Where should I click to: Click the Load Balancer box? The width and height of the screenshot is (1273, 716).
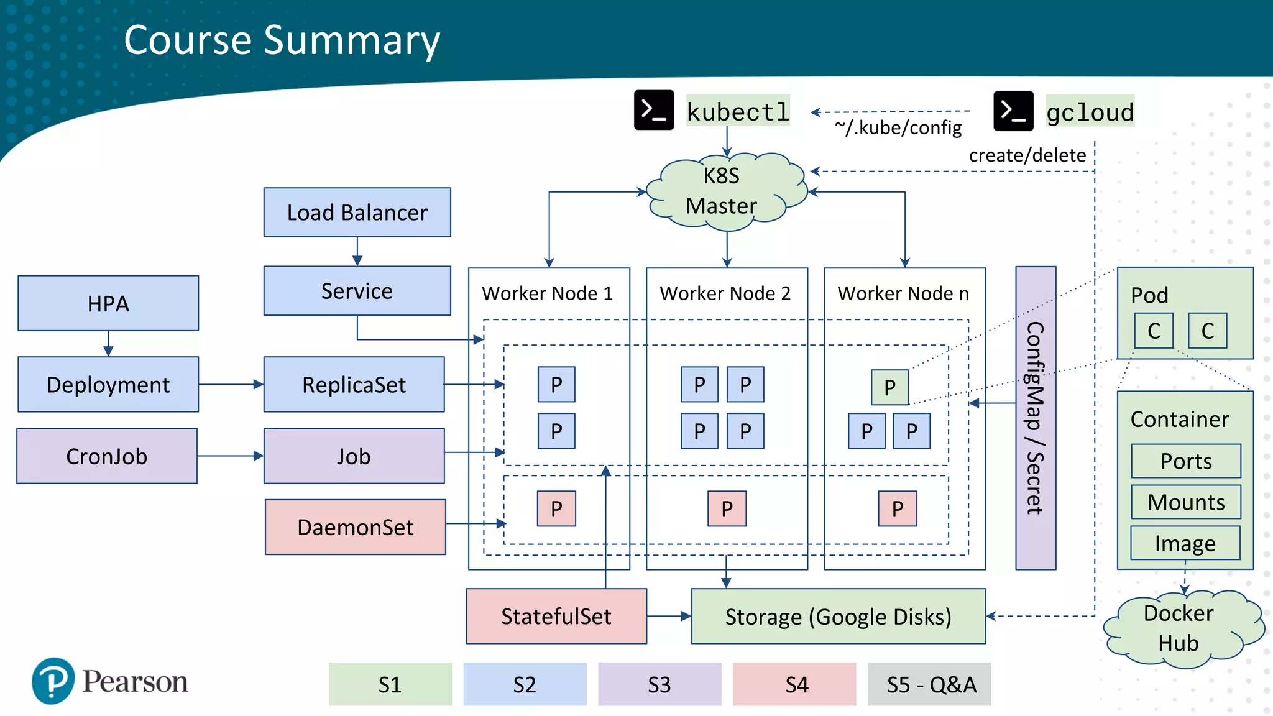point(357,213)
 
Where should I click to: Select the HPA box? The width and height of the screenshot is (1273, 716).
point(108,303)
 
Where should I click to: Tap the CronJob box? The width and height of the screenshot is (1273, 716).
point(107,456)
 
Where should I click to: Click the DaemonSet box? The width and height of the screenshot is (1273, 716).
point(355,527)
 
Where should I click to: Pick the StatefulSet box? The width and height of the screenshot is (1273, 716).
point(556,616)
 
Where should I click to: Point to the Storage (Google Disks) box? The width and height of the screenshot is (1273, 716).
point(838,617)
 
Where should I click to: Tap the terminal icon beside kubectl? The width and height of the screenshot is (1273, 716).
point(653,111)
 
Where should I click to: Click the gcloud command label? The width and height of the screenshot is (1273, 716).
point(1090,112)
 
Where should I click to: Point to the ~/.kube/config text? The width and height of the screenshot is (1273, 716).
point(898,127)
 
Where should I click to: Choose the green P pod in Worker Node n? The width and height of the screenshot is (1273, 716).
point(889,387)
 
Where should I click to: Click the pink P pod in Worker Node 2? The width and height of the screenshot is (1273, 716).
point(727,509)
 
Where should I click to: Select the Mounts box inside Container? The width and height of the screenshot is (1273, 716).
point(1185,502)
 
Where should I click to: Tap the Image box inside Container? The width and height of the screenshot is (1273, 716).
point(1185,543)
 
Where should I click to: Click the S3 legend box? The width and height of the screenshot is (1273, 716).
point(659,684)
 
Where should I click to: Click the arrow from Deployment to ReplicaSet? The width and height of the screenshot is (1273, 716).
point(231,385)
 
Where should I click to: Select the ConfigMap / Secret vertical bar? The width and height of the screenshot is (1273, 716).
point(1035,418)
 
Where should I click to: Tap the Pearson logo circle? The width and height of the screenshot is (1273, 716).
point(53,681)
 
